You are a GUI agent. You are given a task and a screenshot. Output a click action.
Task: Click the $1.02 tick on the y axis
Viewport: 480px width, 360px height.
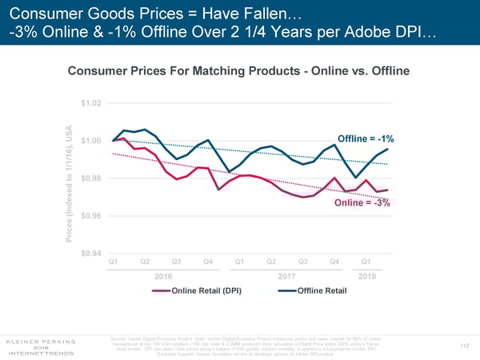point(90,103)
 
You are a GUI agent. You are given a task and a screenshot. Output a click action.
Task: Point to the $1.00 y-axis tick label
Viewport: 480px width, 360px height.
point(90,141)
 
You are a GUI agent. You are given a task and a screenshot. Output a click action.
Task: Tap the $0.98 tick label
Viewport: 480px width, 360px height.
point(90,178)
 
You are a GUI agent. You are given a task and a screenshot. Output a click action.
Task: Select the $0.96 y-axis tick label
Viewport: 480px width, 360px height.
point(90,216)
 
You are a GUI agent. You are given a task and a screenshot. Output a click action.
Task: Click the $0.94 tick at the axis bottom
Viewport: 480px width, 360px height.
point(90,254)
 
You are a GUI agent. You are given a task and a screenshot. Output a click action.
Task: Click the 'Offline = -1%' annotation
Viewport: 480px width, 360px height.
point(365,140)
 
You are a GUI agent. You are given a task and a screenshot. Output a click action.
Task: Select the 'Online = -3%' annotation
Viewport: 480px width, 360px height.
point(362,202)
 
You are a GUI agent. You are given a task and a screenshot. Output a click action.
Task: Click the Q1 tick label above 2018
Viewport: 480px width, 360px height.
point(366,262)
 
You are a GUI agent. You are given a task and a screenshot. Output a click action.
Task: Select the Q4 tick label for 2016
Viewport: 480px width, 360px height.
point(207,262)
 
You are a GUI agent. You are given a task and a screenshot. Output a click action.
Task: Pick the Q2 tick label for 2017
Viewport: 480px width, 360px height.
point(270,262)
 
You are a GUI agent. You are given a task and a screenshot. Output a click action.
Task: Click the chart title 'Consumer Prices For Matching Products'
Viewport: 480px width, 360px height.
point(239,71)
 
